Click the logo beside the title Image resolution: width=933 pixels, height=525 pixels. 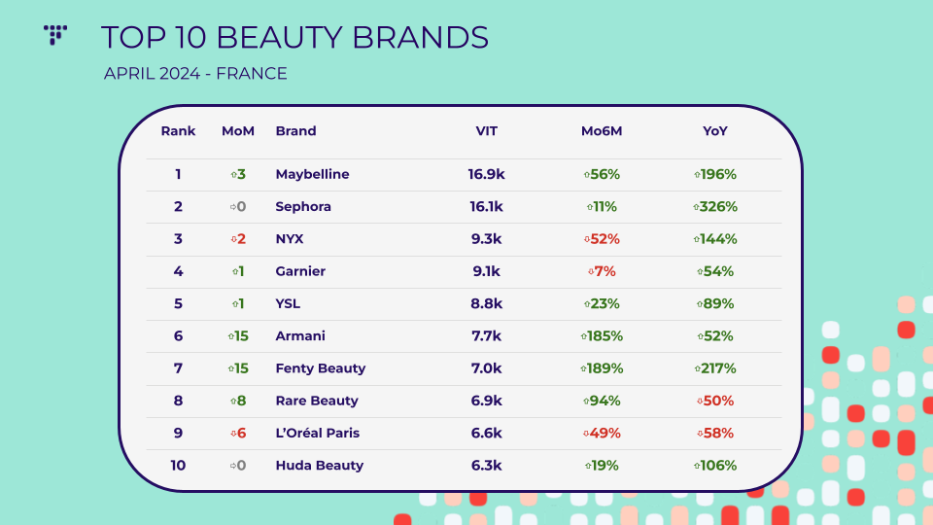55,35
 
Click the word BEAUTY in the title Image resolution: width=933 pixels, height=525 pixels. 279,38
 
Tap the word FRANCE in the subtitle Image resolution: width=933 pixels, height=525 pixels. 252,73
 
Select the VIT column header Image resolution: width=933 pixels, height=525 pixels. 486,131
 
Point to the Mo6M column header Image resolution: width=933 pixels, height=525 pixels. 602,131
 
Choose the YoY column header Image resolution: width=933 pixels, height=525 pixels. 714,131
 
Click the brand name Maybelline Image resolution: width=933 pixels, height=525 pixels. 312,174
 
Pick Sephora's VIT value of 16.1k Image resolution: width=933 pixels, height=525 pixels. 486,206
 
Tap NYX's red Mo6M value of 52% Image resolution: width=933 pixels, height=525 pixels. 602,239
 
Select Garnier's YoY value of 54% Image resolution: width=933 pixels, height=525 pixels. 715,271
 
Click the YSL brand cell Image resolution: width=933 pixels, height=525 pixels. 288,303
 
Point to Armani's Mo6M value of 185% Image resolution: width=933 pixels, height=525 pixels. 602,335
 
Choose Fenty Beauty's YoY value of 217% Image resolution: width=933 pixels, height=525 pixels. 715,368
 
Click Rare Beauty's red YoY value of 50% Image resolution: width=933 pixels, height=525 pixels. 715,401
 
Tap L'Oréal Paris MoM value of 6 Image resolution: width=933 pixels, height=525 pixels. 238,433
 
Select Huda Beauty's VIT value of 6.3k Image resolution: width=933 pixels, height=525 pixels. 486,466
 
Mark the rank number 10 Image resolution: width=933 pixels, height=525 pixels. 178,466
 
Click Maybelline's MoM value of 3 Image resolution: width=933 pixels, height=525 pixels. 238,174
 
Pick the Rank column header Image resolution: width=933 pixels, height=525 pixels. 178,131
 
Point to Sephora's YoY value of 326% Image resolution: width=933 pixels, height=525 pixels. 715,206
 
